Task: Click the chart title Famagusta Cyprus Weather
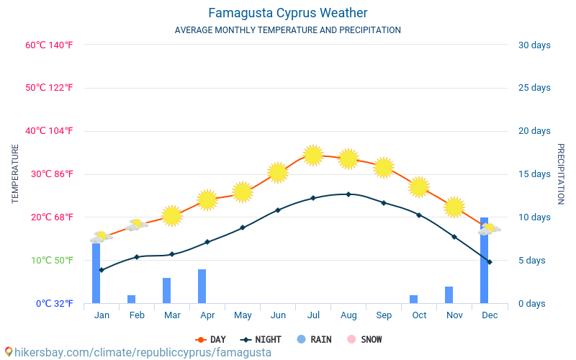tap(288, 13)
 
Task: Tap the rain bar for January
tap(96, 274)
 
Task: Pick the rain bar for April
tap(202, 287)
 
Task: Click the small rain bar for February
tap(131, 299)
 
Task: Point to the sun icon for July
tap(312, 155)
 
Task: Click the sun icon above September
tap(383, 167)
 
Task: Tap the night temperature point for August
tap(348, 194)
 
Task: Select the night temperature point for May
tap(243, 228)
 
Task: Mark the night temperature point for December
tap(490, 262)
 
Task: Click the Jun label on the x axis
tap(278, 315)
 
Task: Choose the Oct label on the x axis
tap(419, 315)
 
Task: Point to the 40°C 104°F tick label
tap(49, 131)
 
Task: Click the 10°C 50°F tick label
tap(49, 261)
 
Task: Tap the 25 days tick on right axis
tap(534, 88)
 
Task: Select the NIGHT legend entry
tap(261, 340)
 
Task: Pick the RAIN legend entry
tap(314, 340)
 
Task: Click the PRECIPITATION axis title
tap(561, 174)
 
